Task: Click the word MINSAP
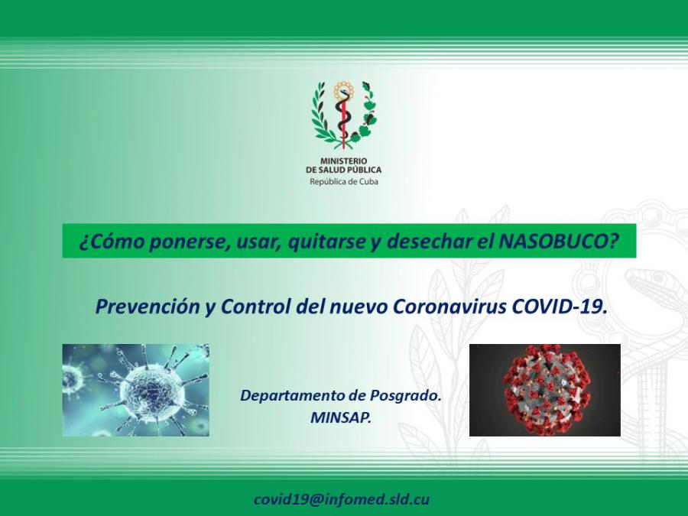[x=341, y=417]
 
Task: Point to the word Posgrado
[x=405, y=395]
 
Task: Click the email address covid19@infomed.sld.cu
[x=342, y=499]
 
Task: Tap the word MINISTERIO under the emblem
[x=343, y=161]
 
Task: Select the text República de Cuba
[x=343, y=182]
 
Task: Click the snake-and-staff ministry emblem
[x=343, y=115]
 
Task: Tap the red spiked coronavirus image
[x=545, y=390]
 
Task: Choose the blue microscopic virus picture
[x=135, y=390]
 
